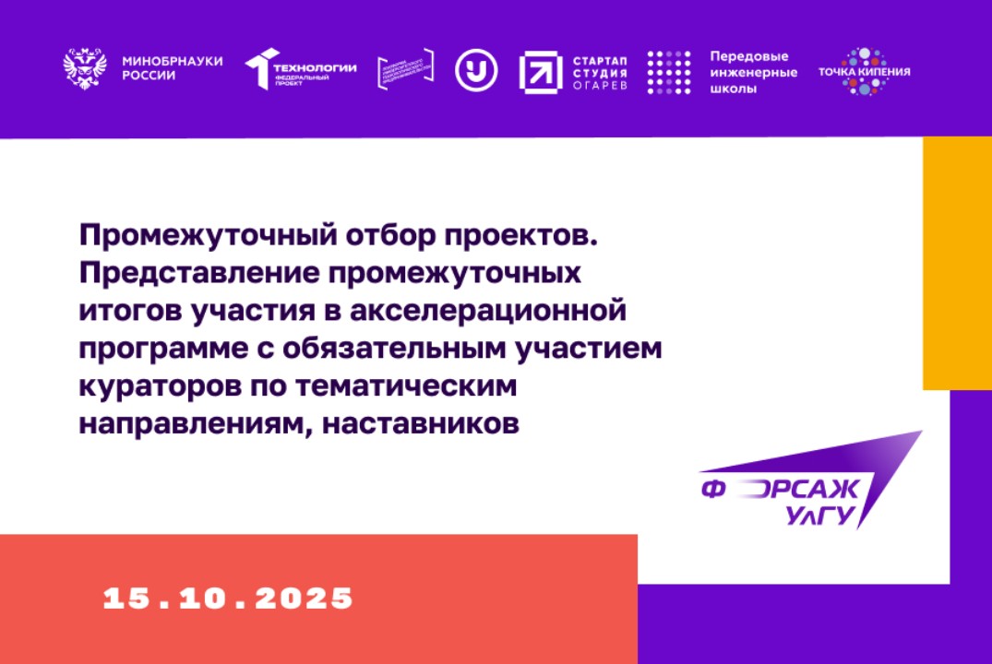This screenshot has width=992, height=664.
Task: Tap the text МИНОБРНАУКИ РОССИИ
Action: tap(173, 68)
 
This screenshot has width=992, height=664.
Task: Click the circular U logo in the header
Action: tap(476, 70)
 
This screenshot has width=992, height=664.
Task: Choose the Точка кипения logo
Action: tap(864, 71)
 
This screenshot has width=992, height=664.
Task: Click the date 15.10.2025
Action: tap(228, 598)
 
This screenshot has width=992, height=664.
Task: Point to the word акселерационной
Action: tap(490, 313)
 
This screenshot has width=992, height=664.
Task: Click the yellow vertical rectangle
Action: tap(957, 264)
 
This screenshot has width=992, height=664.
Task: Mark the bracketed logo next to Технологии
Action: tap(405, 70)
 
